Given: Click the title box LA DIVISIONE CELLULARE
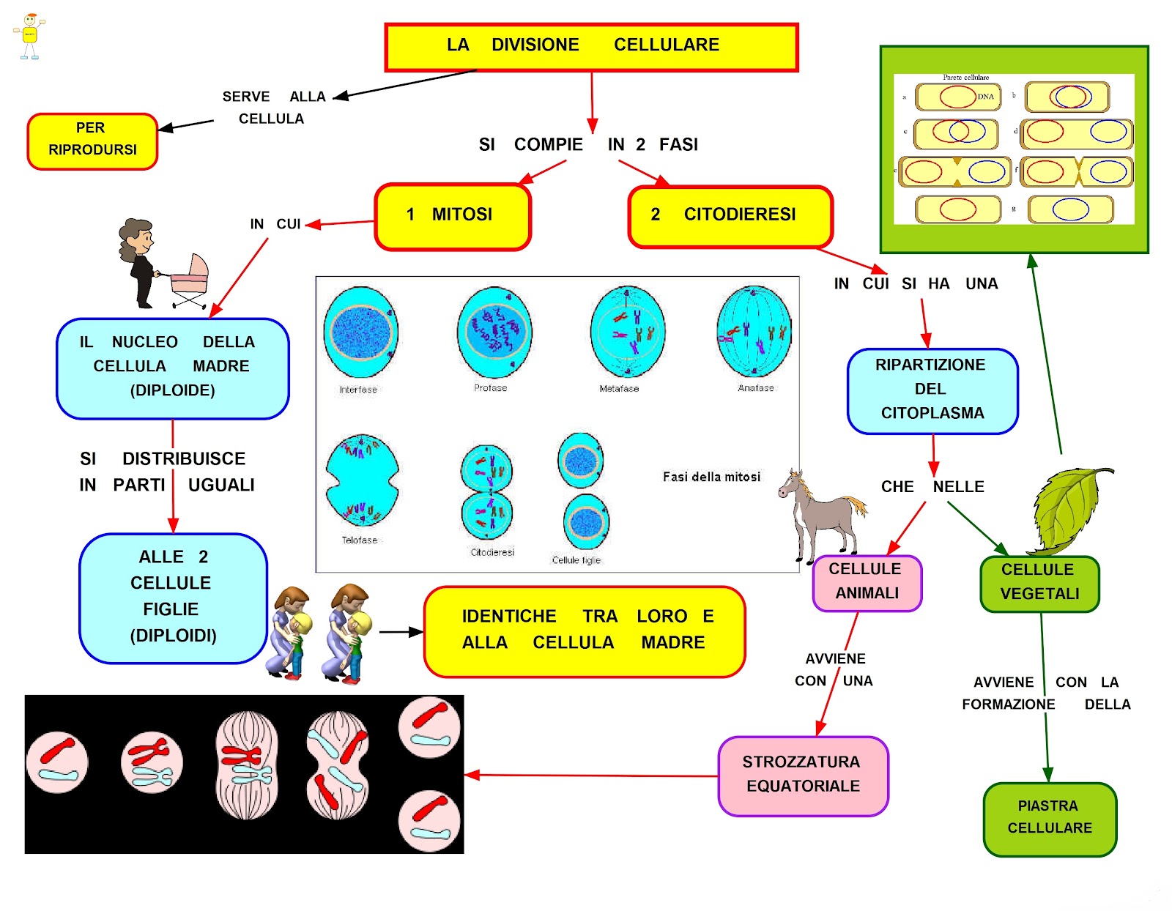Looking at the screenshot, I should coord(591,47).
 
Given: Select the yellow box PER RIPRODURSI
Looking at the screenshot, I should coord(92,141).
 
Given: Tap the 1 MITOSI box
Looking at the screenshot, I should coord(453,216).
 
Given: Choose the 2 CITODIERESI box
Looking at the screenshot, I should coord(730,216).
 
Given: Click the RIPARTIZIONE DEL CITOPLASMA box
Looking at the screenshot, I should coord(932,390).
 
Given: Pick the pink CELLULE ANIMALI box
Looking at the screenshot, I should coord(867,583).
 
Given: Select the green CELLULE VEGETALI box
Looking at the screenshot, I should coord(1039,583).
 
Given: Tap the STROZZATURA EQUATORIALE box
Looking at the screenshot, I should coord(803,776).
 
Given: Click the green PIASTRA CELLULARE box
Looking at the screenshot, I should coord(1050,819).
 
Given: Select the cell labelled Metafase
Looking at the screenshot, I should coord(628,332).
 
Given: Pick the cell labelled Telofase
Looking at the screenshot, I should coord(362,480).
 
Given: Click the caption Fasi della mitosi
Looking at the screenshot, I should coord(711,477).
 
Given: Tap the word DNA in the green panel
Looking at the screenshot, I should coord(986,97).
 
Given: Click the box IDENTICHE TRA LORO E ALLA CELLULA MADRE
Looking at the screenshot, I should coord(585,631).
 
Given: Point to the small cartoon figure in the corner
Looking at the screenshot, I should coord(29,35).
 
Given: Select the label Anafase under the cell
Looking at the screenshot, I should coord(755,388).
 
